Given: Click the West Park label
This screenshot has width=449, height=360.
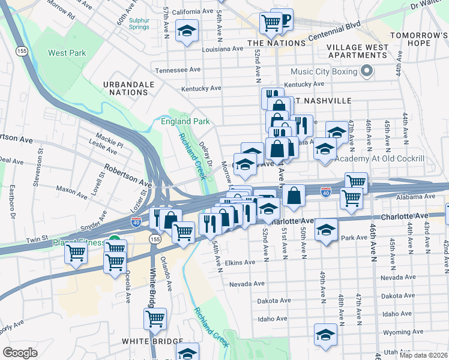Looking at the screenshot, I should [67, 53].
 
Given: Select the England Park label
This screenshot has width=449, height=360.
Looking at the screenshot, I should [185, 121].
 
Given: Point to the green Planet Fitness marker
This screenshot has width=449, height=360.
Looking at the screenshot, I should [115, 246].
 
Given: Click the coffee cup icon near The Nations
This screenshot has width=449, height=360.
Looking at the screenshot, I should [283, 20].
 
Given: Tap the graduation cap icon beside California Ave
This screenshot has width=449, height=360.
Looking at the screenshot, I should [187, 31].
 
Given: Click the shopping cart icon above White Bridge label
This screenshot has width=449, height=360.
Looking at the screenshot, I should [155, 318].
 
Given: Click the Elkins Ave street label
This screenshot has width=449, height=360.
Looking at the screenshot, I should [240, 263].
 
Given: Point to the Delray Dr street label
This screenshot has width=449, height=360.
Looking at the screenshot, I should [206, 154].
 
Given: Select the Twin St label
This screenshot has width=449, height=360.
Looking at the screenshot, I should [37, 240].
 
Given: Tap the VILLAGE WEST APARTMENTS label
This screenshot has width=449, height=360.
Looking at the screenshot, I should [357, 51].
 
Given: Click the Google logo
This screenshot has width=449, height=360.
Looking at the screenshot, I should [20, 352].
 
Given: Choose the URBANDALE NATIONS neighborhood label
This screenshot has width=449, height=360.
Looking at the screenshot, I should [125, 88].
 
